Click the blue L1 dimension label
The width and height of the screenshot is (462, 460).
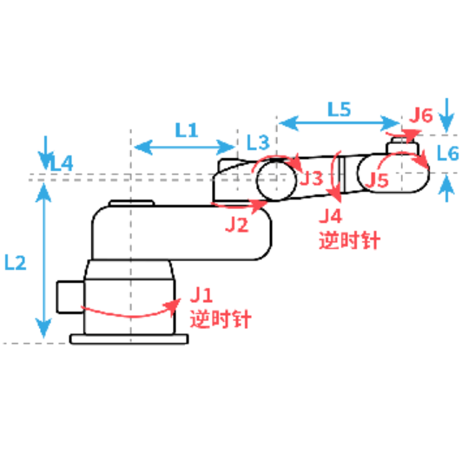[x=186, y=130]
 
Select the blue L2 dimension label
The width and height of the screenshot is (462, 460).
[x=16, y=263]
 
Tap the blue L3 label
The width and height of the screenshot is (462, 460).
[x=258, y=142]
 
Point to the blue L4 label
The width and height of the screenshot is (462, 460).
[x=62, y=163]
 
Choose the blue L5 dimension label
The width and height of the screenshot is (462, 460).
[x=340, y=109]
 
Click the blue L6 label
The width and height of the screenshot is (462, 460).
[x=447, y=153]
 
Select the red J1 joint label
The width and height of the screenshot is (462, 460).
[x=201, y=294]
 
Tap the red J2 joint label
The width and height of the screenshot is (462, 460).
[x=237, y=225]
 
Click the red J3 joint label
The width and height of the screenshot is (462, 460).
[x=311, y=178]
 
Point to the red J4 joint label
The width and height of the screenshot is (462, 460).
[x=331, y=216]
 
